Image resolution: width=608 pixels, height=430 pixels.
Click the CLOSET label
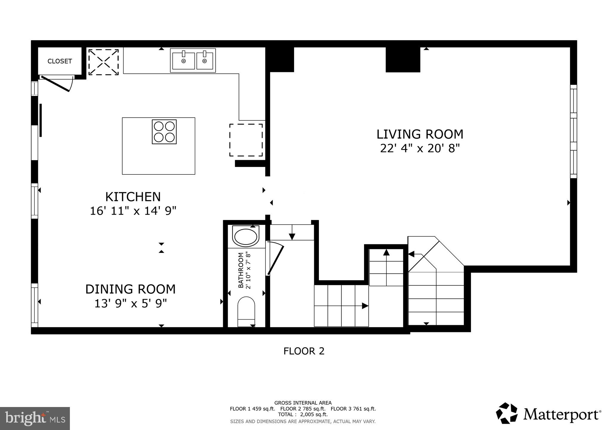(60, 61)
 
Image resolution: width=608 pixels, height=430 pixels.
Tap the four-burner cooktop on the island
(164, 132)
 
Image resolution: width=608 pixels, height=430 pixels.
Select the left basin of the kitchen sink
(184, 61)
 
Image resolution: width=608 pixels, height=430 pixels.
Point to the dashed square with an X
(104, 62)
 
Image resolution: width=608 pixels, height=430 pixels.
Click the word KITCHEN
(133, 197)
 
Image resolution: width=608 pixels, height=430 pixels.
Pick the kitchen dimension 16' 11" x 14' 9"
(133, 211)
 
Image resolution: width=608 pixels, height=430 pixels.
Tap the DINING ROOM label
(130, 289)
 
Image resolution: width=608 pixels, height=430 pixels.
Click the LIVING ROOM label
(420, 134)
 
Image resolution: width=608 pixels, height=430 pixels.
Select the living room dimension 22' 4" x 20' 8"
(420, 148)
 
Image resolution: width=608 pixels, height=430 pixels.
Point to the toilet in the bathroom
(246, 311)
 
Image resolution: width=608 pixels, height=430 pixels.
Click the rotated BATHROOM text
(241, 270)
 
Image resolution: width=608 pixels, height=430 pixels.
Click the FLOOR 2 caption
(304, 351)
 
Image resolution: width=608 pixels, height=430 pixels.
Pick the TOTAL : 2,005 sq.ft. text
(303, 414)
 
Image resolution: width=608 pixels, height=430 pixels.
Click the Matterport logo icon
(507, 413)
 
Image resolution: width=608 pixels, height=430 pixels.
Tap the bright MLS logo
(35, 418)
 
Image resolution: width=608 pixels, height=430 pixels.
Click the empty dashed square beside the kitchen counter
(246, 140)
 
